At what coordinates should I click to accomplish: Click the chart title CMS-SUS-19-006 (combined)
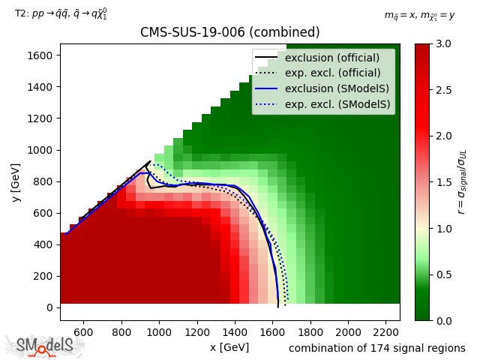(x=229, y=32)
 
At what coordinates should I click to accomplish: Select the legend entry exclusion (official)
(x=331, y=58)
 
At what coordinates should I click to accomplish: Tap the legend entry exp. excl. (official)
(x=331, y=73)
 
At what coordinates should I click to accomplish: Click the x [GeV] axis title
(x=229, y=347)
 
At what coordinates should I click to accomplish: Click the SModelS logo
(x=45, y=346)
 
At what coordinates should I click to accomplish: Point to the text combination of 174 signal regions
(x=377, y=348)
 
